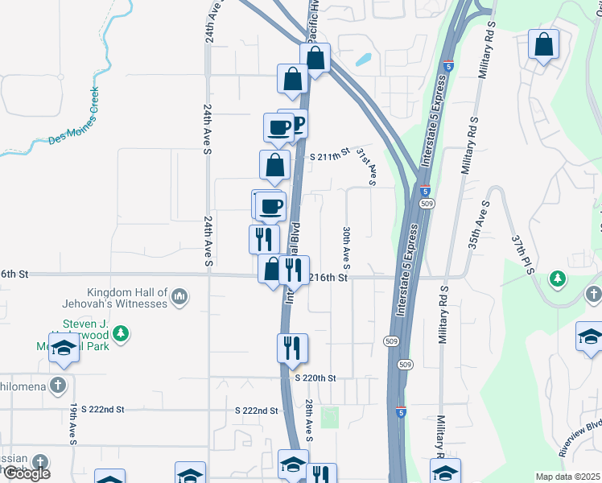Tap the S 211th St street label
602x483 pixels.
[331, 154]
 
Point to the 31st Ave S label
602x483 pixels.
[367, 167]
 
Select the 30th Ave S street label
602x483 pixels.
[346, 247]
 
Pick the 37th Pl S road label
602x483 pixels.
[522, 255]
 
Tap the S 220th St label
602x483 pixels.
[314, 378]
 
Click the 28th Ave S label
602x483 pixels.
[309, 420]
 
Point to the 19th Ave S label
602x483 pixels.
[73, 424]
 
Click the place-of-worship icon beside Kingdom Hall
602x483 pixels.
[179, 299]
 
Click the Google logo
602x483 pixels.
[27, 473]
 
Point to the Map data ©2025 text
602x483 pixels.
[567, 477]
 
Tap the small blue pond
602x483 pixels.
[363, 59]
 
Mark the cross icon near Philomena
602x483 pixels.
[57, 385]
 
